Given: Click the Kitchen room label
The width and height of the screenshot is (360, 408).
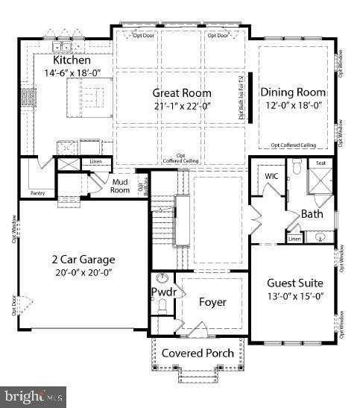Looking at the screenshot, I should (x=72, y=60).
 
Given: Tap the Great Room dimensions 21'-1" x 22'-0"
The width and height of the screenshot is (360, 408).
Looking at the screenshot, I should (x=182, y=106).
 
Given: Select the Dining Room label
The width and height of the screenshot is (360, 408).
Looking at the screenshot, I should (x=293, y=92).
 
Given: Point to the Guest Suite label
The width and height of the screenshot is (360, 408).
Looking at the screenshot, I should (x=294, y=283).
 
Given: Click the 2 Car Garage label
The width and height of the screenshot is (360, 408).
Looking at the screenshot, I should (x=83, y=260).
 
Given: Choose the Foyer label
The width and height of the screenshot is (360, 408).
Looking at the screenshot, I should (x=212, y=302).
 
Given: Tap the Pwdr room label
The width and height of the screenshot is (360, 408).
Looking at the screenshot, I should (x=163, y=292).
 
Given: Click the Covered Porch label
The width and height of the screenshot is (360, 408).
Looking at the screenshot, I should (x=198, y=353).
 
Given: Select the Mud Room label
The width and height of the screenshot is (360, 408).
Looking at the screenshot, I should (x=121, y=185).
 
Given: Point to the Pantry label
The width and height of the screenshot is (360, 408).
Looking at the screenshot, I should (x=37, y=193).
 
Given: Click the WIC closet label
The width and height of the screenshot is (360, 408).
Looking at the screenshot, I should (x=271, y=176).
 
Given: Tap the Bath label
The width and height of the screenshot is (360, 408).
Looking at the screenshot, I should (x=312, y=214).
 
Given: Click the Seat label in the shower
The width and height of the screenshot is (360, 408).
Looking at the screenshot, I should (x=321, y=163).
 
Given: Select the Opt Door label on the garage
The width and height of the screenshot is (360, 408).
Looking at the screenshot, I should (x=13, y=307).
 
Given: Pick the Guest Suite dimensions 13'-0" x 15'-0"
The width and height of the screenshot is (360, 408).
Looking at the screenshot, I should (x=294, y=297).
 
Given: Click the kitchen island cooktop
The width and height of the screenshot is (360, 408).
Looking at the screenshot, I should (x=92, y=96).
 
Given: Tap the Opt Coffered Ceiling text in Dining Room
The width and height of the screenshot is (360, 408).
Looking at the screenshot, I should (x=293, y=145).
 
